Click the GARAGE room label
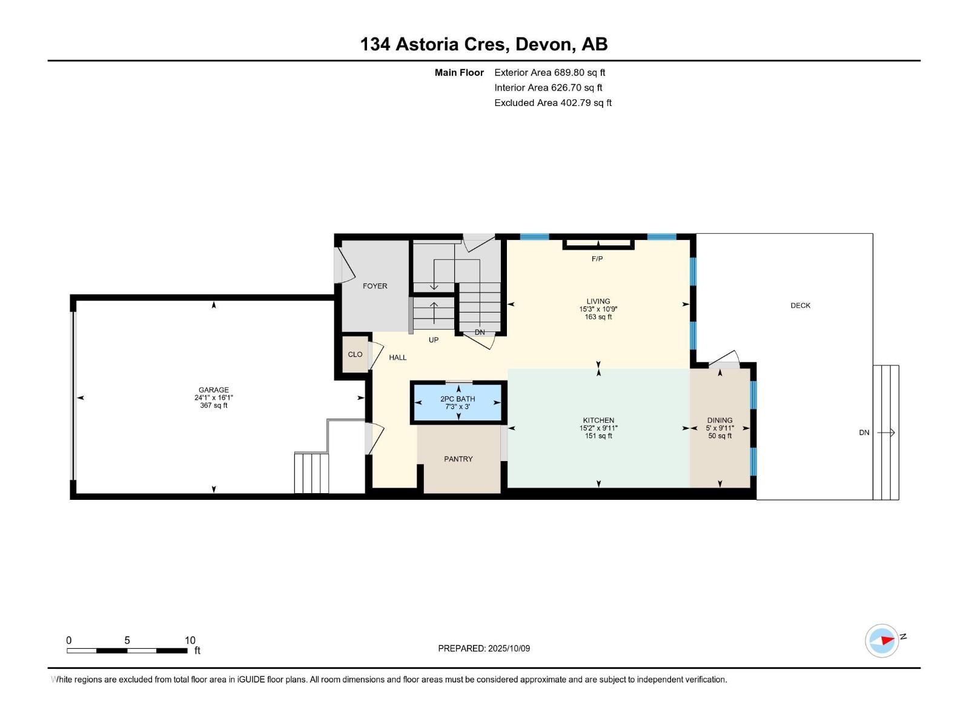pos(214,390)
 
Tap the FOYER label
pos(375,286)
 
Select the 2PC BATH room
pos(458,402)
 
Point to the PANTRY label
pos(458,459)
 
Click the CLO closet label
pos(355,354)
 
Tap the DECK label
pos(801,305)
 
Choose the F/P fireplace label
pos(597,259)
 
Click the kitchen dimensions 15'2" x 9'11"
pos(598,428)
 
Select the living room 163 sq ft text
pos(598,317)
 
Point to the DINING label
pos(719,420)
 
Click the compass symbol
pos(882,640)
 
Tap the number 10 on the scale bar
pos(190,640)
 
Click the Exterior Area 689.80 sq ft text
pos(550,72)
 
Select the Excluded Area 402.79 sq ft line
pos(553,103)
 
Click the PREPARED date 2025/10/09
pos(509,648)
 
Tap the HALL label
pos(398,357)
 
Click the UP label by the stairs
pos(434,340)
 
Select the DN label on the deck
pos(864,433)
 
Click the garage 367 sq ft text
pos(214,405)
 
